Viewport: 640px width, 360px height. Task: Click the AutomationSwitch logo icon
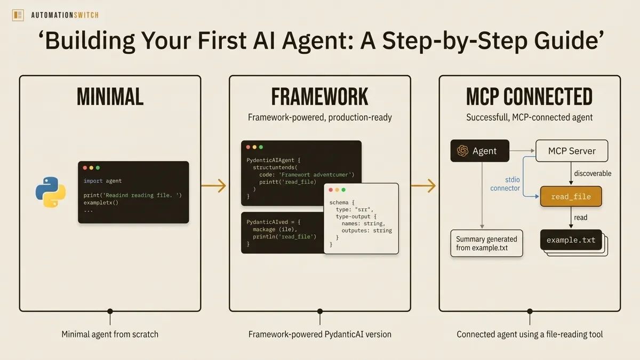(18, 15)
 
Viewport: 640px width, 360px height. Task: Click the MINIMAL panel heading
(110, 97)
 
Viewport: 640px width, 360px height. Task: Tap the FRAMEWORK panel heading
(319, 97)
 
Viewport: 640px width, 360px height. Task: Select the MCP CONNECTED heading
(529, 97)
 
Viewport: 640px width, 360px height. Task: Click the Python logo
(51, 192)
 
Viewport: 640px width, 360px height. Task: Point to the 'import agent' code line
(102, 181)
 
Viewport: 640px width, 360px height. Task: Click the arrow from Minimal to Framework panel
(213, 186)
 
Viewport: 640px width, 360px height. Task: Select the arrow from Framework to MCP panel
(423, 186)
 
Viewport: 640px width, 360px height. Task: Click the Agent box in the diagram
(479, 151)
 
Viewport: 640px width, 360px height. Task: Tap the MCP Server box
(572, 151)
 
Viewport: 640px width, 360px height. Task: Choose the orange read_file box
(571, 197)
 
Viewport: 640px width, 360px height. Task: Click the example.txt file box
(571, 241)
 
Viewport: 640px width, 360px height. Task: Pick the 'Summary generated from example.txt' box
(486, 244)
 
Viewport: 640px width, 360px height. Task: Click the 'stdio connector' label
(505, 184)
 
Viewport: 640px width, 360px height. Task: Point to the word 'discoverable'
(593, 173)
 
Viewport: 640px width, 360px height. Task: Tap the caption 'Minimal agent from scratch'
(110, 334)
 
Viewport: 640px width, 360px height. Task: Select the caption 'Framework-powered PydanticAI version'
(319, 334)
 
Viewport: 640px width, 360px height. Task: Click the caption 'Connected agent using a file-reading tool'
(530, 334)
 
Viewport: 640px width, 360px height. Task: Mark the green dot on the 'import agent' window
(98, 168)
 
